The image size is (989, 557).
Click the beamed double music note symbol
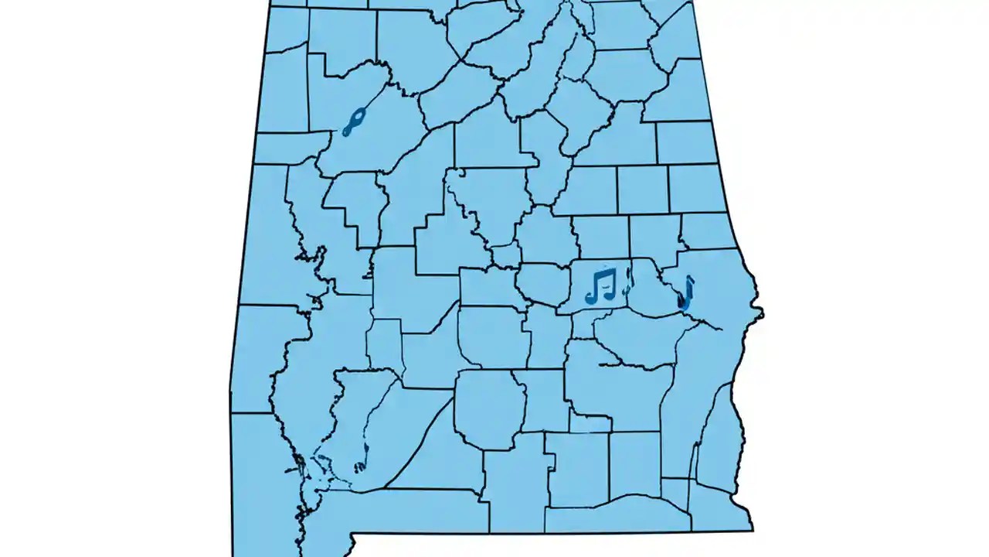[600, 285]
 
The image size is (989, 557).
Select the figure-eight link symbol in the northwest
[353, 121]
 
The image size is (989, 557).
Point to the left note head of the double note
[591, 299]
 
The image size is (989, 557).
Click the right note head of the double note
[608, 295]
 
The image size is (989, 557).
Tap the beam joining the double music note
[601, 272]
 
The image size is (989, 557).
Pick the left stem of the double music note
[594, 285]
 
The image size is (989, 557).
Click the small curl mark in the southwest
[360, 466]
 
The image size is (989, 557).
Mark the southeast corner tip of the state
[752, 529]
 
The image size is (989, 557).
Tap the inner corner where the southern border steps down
[352, 534]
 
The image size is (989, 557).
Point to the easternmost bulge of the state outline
[762, 313]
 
